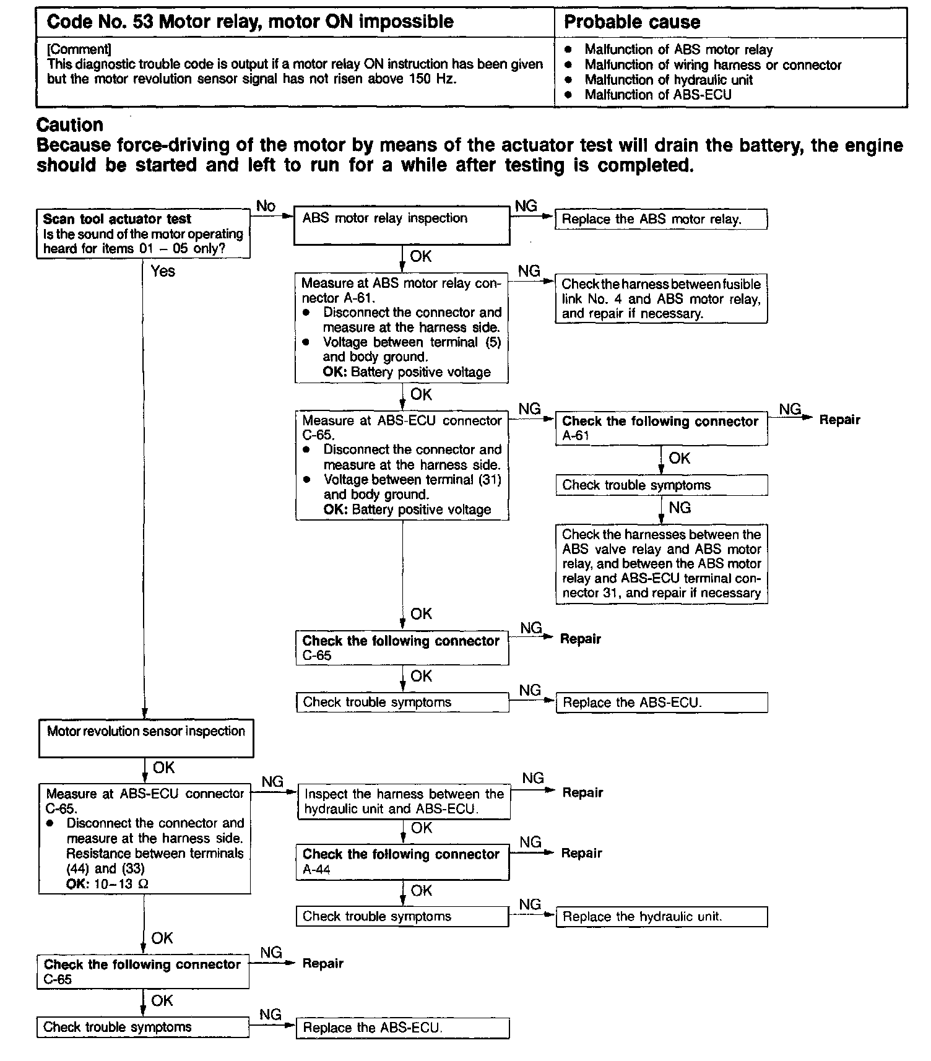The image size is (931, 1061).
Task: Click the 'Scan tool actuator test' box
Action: pyautogui.click(x=143, y=233)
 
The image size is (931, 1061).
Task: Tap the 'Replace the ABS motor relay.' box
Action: pyautogui.click(x=660, y=219)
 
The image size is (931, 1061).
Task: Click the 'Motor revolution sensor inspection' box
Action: pyautogui.click(x=146, y=738)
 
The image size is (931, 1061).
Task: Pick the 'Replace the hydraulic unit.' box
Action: pyautogui.click(x=661, y=917)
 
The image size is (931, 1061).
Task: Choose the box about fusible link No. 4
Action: pyautogui.click(x=661, y=299)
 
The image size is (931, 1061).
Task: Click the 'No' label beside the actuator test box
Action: pyautogui.click(x=266, y=206)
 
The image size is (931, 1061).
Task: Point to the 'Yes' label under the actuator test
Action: pyautogui.click(x=163, y=271)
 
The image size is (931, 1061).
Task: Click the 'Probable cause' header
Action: pyautogui.click(x=632, y=22)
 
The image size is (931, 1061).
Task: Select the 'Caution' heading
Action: pyautogui.click(x=70, y=125)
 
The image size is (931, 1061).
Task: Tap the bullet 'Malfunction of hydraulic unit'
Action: pyautogui.click(x=669, y=80)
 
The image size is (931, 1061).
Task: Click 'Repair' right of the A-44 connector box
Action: pyautogui.click(x=581, y=853)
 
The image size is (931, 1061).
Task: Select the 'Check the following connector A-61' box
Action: pyautogui.click(x=661, y=428)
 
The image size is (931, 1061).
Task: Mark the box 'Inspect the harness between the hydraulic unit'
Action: pyautogui.click(x=404, y=802)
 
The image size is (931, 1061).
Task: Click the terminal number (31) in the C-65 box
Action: pyautogui.click(x=490, y=480)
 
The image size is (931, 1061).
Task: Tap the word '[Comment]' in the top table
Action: pyautogui.click(x=79, y=49)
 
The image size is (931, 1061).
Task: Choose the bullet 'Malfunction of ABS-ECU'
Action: pyautogui.click(x=658, y=95)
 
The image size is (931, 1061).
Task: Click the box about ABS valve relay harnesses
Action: pyautogui.click(x=661, y=564)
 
